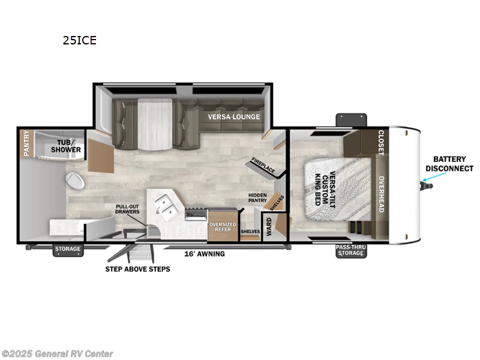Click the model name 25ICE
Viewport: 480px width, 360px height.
tap(79, 41)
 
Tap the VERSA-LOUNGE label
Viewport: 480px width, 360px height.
tap(234, 116)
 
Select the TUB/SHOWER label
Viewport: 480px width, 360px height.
tap(69, 146)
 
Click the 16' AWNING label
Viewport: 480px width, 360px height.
tap(205, 254)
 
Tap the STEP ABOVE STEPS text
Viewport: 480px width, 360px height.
tap(137, 269)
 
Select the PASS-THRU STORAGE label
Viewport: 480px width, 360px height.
tap(350, 250)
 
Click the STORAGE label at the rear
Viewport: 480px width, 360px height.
tap(68, 250)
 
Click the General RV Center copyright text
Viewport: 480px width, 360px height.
tap(58, 354)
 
